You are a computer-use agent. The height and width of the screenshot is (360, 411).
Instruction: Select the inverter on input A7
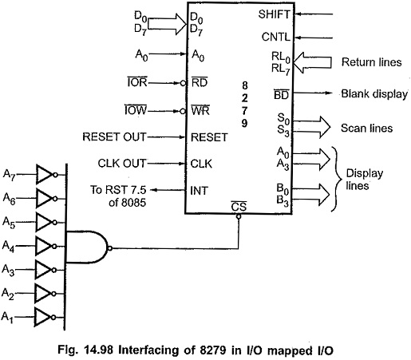click(46, 174)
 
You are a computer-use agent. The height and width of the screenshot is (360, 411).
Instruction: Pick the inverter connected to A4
click(46, 246)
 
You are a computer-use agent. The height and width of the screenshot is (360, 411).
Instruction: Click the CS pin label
click(239, 206)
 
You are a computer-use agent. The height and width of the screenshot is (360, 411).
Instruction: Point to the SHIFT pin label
click(274, 14)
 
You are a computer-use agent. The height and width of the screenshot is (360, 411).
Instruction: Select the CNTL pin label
click(276, 37)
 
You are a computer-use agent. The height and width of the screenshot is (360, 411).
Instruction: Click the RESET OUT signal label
click(114, 136)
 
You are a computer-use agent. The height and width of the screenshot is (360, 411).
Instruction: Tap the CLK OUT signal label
click(122, 163)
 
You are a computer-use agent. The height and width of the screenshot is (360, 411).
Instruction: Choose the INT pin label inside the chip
click(199, 191)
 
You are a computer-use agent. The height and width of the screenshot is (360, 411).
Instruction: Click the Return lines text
click(372, 62)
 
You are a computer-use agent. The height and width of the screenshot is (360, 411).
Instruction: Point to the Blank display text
click(374, 94)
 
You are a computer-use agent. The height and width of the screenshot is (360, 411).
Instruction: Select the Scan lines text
click(367, 128)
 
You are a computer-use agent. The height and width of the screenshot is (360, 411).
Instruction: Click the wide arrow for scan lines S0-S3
click(311, 127)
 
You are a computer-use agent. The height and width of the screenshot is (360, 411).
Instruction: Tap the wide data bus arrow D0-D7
click(167, 24)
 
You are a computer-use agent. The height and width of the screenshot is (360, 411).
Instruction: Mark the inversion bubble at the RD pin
click(183, 83)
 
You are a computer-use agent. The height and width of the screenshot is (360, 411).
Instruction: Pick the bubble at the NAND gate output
click(109, 248)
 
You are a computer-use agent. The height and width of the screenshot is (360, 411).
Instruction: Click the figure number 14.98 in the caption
click(99, 350)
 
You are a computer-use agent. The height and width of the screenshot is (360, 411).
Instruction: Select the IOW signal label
click(136, 110)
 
